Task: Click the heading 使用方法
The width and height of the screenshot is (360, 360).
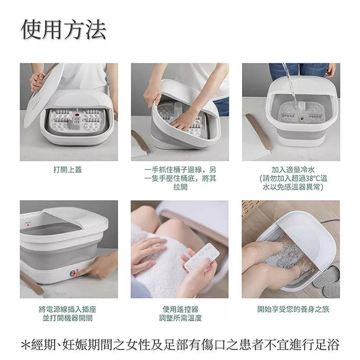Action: click(63, 30)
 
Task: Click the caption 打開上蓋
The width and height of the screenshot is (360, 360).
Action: click(68, 169)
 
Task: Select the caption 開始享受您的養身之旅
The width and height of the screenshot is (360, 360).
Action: click(293, 309)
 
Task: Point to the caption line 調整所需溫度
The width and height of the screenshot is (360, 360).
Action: click(180, 318)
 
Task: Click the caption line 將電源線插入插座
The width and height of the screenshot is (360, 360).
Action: click(68, 309)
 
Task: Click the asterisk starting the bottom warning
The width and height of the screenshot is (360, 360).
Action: click(25, 345)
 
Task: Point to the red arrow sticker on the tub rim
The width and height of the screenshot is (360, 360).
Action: click(28, 224)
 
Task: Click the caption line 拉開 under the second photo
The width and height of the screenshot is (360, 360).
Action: click(180, 187)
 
